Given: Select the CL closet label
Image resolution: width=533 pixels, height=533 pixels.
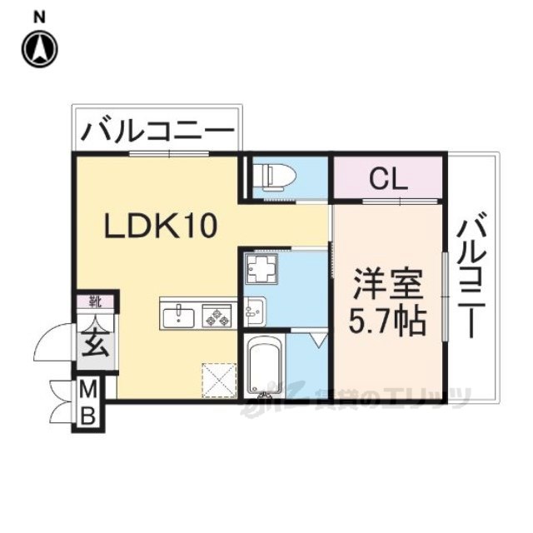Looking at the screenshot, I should click(x=387, y=178).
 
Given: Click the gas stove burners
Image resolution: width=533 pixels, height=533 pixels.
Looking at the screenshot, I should click(x=219, y=315).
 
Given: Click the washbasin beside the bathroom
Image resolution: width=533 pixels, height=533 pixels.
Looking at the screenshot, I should click(x=254, y=311).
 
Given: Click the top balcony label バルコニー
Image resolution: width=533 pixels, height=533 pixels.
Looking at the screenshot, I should click(x=157, y=132).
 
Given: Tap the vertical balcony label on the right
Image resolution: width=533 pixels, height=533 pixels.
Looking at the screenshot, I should click(x=472, y=275).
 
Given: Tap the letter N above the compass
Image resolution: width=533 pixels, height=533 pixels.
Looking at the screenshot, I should click(x=38, y=17).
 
